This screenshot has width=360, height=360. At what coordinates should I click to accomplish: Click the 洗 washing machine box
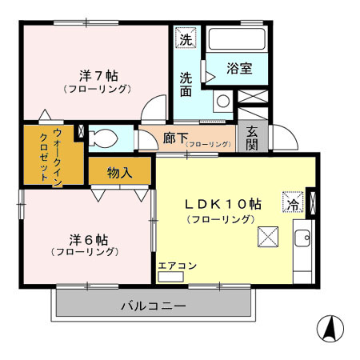pos(185,38)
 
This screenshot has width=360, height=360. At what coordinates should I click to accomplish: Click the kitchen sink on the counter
pos(303,238)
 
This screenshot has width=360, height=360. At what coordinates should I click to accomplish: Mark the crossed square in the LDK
pos(267,238)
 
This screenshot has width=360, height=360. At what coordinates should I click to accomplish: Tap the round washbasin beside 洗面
pos(223,102)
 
